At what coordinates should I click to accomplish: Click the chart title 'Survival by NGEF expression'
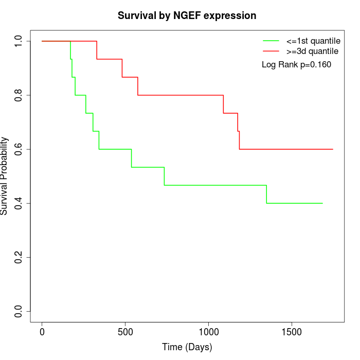[187, 15]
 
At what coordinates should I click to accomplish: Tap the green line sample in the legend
[271, 41]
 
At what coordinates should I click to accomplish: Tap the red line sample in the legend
[271, 51]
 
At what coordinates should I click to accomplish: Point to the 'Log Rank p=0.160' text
[297, 65]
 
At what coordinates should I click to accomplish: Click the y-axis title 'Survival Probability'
[5, 176]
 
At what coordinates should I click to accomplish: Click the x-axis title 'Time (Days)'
[187, 347]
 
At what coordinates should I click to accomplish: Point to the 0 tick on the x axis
[42, 332]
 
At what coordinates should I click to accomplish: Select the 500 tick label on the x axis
[125, 332]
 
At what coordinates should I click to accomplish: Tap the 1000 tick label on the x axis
[208, 332]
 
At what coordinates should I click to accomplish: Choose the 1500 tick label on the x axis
[292, 332]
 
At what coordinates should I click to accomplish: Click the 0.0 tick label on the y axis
[19, 311]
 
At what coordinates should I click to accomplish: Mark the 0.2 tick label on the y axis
[19, 257]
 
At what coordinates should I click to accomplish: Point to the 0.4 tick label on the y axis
[19, 203]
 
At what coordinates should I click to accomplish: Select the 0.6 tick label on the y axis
[19, 149]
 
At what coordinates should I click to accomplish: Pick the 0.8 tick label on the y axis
[19, 95]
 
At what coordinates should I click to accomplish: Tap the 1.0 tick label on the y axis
[19, 41]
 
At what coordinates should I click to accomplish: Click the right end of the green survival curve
[322, 203]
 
